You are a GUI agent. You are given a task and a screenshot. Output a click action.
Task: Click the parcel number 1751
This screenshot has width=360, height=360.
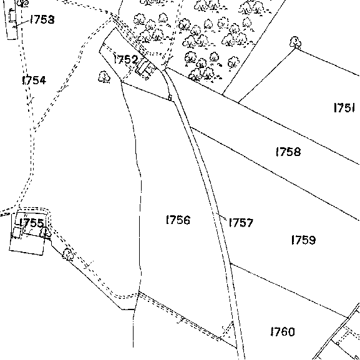tap(344, 107)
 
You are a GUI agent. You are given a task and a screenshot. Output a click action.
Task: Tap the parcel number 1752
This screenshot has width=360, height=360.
tap(126, 59)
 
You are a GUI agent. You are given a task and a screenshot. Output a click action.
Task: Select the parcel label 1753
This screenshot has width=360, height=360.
tap(42, 19)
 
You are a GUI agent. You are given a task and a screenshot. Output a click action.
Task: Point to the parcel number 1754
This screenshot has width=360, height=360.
tap(34, 80)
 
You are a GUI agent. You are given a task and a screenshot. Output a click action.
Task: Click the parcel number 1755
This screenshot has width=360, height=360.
tap(32, 223)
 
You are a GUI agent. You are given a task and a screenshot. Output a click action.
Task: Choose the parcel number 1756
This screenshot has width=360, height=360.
tap(178, 220)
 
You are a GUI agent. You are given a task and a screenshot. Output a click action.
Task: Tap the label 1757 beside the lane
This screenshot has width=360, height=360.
tap(241, 223)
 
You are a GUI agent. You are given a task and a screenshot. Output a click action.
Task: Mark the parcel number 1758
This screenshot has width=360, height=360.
tap(288, 152)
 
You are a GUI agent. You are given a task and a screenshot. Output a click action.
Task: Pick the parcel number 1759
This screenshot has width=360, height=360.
tap(303, 240)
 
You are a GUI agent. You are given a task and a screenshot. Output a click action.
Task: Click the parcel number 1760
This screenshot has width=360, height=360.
tap(283, 331)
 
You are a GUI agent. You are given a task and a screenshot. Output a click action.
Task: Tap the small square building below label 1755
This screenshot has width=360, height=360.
tap(17, 232)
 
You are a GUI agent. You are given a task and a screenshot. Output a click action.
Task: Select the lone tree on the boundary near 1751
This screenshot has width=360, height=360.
tap(296, 42)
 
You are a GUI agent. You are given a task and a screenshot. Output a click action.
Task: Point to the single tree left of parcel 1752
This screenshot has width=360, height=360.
tap(104, 77)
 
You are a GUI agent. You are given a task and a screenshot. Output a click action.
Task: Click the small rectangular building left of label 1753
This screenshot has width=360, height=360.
tap(12, 16)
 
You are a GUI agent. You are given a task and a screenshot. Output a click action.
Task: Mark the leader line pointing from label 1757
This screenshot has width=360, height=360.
tap(221, 216)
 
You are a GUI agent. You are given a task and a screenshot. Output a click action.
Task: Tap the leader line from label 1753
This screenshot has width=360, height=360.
tap(22, 24)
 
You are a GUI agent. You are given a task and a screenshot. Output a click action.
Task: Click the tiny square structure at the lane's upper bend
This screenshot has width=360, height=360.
tap(170, 98)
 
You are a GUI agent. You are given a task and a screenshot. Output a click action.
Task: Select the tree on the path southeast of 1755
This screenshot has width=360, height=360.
tap(68, 254)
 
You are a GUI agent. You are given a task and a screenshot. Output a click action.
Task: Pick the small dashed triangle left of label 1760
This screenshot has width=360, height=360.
tap(227, 330)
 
